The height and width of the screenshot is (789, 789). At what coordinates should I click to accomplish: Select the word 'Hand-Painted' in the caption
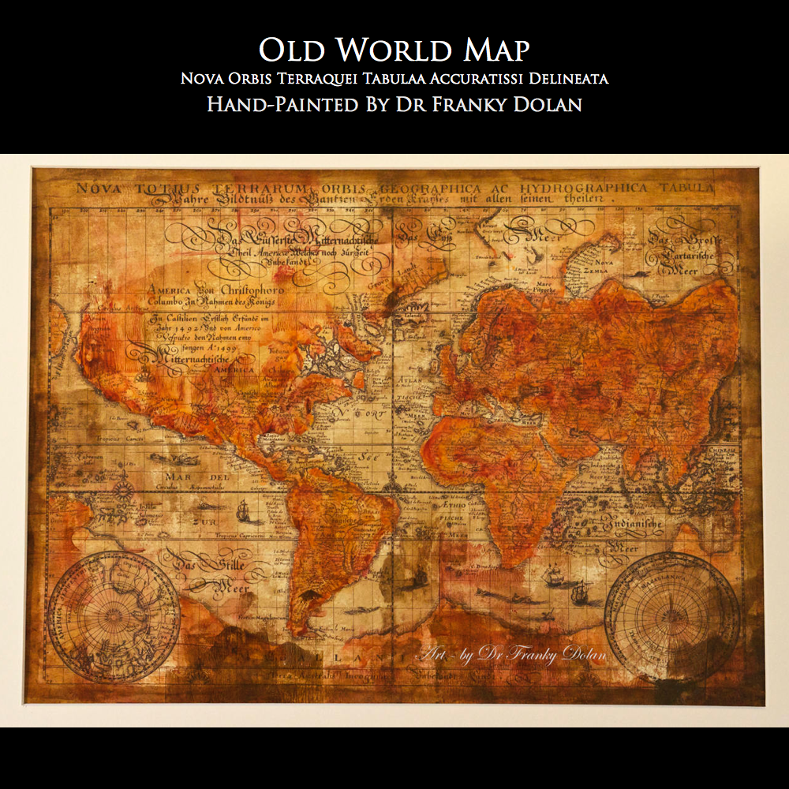[282, 104]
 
